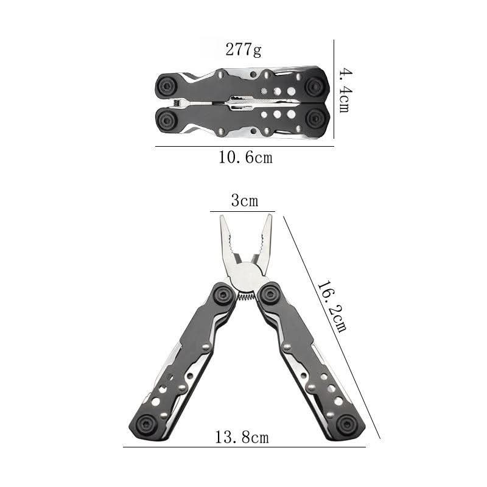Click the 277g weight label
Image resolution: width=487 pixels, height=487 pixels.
pyautogui.click(x=243, y=49)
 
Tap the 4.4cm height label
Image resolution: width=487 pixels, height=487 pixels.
pyautogui.click(x=345, y=90)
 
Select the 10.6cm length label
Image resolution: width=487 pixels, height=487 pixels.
pyautogui.click(x=246, y=157)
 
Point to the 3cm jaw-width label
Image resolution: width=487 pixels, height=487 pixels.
pyautogui.click(x=245, y=201)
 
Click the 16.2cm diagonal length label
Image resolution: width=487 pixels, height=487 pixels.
pyautogui.click(x=332, y=306)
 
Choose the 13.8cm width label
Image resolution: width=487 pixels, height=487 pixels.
pyautogui.click(x=242, y=437)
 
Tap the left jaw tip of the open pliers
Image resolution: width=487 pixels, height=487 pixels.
pyautogui.click(x=223, y=217)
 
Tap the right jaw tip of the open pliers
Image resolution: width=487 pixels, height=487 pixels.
pyautogui.click(x=268, y=215)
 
